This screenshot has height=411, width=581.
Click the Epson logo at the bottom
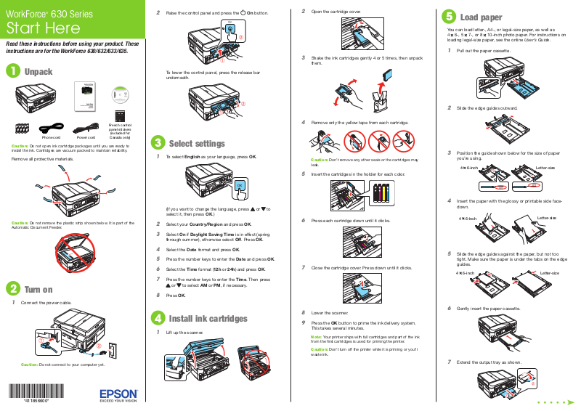pyautogui.click(x=118, y=393)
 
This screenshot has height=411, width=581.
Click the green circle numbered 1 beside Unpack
pyautogui.click(x=12, y=71)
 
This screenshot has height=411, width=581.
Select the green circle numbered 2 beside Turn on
pyautogui.click(x=12, y=289)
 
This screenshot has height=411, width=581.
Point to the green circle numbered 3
pyautogui.click(x=157, y=142)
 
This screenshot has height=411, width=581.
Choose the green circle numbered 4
pyautogui.click(x=157, y=318)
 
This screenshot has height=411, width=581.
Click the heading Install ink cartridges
pyautogui.click(x=208, y=319)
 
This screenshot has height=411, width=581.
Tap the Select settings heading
pyautogui.click(x=197, y=143)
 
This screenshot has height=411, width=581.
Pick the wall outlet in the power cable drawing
pyautogui.click(x=111, y=349)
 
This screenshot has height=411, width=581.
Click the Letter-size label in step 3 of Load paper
pyautogui.click(x=545, y=168)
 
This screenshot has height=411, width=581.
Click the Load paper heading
pyautogui.click(x=481, y=17)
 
